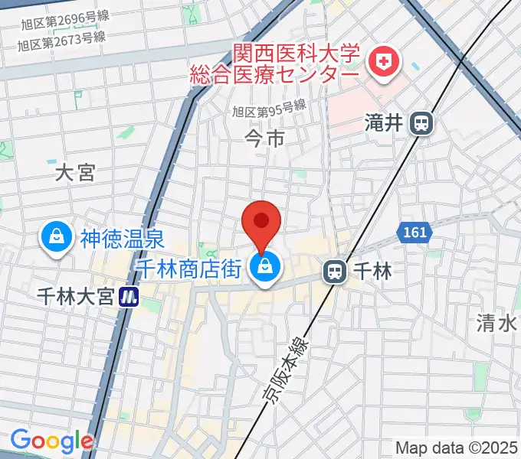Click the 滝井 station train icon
coord(421,123)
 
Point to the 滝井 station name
coord(384,123)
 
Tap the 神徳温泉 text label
coord(122,238)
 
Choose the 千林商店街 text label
coord(189,269)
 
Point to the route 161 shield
coord(413,230)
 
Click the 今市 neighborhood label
coord(264,138)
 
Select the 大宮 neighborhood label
coord(75,173)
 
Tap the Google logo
coord(51,441)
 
